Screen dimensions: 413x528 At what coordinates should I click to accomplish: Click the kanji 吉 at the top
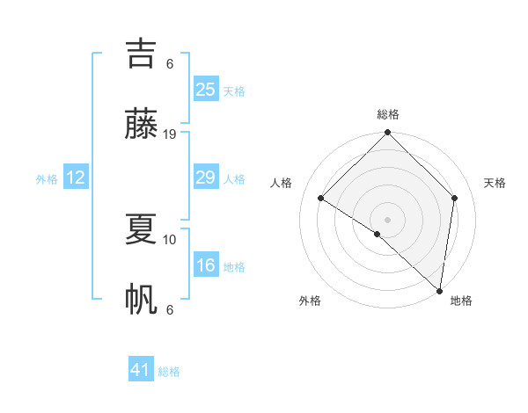pos(142,53)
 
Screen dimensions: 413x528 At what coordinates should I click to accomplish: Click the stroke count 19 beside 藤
pos(170,134)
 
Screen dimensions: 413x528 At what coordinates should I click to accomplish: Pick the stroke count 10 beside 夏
pos(170,239)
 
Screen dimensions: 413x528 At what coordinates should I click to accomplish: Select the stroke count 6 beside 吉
pos(170,63)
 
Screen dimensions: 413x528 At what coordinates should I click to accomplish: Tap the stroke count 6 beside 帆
pos(170,309)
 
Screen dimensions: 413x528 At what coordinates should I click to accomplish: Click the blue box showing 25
pos(206,90)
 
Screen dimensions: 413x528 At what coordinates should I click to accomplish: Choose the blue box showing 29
pos(206,178)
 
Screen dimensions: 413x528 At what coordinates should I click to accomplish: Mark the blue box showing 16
pos(206,265)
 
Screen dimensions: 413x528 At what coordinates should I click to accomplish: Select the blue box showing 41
pos(141,370)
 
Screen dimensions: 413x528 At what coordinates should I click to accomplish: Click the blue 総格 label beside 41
pos(170,372)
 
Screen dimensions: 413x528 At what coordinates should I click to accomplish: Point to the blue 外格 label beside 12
pos(47,179)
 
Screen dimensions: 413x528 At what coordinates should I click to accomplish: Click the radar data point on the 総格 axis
pos(387,134)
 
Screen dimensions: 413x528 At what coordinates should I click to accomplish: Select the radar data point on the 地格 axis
pos(439,291)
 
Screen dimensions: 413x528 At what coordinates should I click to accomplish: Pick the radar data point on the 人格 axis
pos(321,198)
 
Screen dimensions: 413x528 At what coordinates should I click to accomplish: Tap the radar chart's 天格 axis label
pos(495,183)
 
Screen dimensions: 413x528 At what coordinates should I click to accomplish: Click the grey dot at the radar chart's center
pos(387,219)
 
